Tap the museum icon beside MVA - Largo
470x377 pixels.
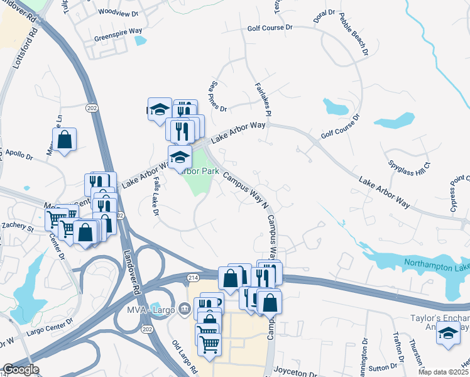[184, 308]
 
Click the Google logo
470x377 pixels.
[21, 369]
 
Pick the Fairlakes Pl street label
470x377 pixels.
[263, 99]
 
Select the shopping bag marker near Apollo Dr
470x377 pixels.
[65, 139]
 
